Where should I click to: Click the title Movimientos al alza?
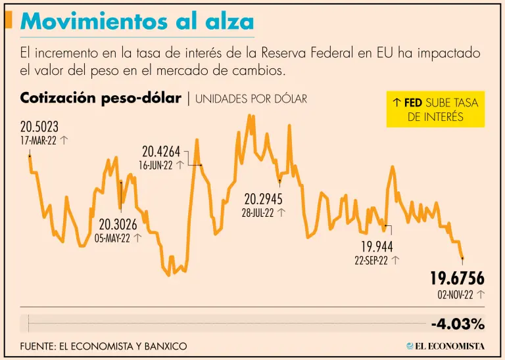(x=137, y=22)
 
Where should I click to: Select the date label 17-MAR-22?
(x=38, y=141)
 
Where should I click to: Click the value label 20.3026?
(x=118, y=225)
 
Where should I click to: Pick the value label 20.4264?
(x=161, y=152)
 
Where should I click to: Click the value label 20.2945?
(x=263, y=198)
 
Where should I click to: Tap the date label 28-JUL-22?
(x=259, y=212)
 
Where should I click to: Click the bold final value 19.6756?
(x=457, y=279)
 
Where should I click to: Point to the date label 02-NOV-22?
(x=455, y=295)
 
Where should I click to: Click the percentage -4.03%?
(x=458, y=324)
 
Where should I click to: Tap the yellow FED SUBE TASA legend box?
(x=435, y=109)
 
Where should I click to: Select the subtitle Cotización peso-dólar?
(x=101, y=99)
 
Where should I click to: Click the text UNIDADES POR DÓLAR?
(x=251, y=99)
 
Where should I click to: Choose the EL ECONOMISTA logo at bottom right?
(x=445, y=346)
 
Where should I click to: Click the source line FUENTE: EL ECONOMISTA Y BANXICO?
(x=103, y=346)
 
